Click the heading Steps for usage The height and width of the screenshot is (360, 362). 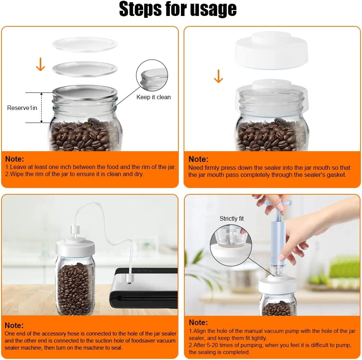coord(178,9)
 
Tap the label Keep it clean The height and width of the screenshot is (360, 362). coord(153,97)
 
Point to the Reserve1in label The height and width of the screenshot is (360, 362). coord(22,108)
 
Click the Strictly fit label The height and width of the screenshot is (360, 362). coord(232,218)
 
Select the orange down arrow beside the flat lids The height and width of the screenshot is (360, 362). coord(41,64)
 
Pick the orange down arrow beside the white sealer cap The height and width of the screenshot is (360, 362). coord(219,76)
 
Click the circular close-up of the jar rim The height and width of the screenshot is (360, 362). coord(152,75)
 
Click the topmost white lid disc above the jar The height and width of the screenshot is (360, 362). coord(85,44)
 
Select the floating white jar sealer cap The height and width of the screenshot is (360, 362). coord(271,50)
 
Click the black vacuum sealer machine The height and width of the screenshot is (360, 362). coord(144,288)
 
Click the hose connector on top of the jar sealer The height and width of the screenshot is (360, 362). coord(75,231)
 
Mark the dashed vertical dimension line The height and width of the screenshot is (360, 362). coord(42,108)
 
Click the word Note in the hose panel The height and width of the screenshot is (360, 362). coord(14,325)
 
